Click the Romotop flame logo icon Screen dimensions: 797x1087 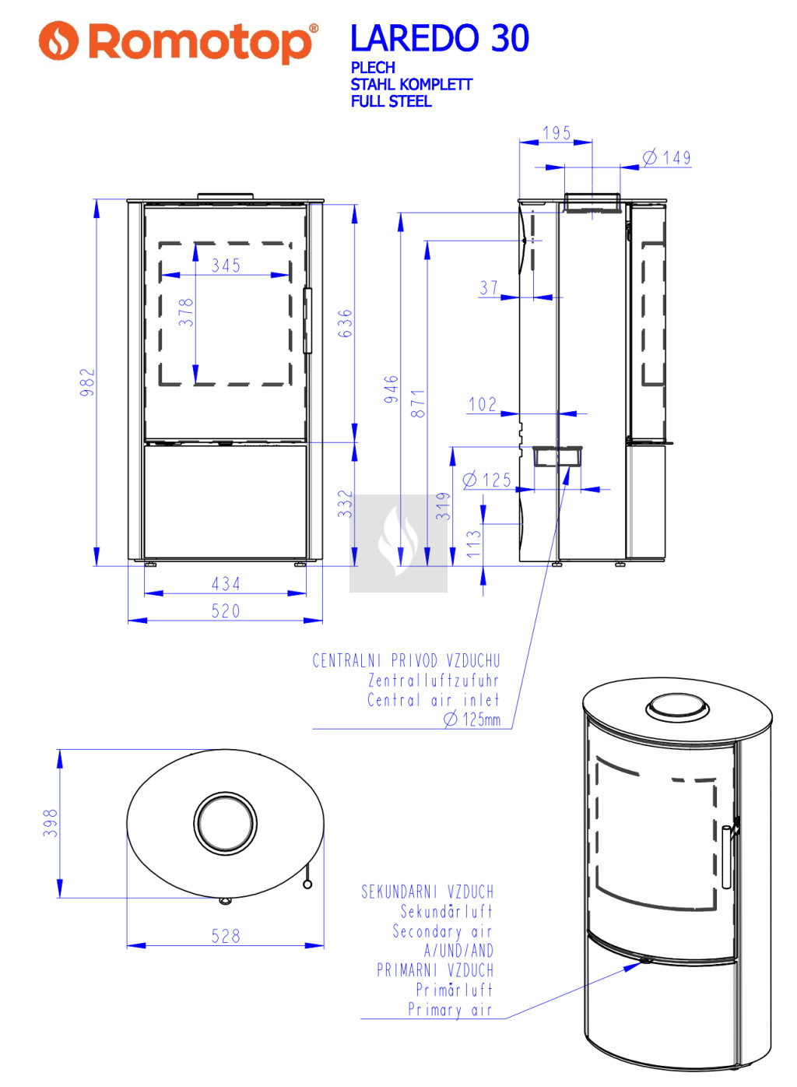(58, 40)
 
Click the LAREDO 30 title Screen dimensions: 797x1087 (439, 38)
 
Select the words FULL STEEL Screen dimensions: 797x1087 (391, 101)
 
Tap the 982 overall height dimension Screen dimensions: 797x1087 (87, 382)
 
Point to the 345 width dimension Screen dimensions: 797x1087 (226, 266)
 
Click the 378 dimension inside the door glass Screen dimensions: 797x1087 (186, 312)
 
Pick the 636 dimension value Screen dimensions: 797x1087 (345, 324)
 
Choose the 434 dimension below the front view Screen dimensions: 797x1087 (226, 583)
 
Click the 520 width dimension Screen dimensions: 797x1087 (226, 610)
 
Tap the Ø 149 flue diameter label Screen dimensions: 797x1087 (667, 158)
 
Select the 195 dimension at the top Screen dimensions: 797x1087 (556, 133)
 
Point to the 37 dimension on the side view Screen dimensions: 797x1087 (489, 288)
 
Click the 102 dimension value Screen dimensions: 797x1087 (483, 404)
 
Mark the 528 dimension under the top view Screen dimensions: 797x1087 (226, 936)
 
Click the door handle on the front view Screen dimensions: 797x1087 (307, 321)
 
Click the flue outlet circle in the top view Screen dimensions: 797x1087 (226, 824)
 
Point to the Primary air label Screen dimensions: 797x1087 (450, 1010)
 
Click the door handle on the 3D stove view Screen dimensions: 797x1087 (726, 857)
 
